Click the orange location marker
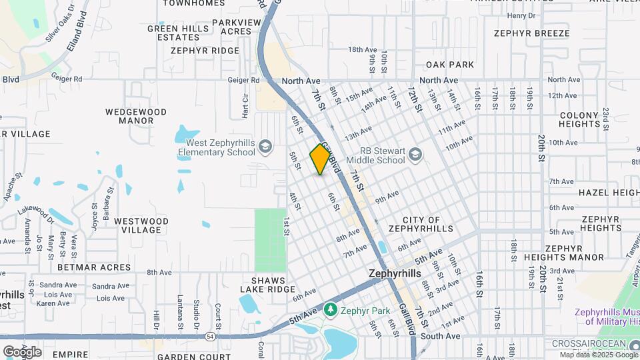[321, 159]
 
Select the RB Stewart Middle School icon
[416, 155]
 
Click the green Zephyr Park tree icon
[330, 310]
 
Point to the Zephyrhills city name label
[395, 274]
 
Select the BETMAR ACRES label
[95, 267]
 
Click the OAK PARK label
[450, 65]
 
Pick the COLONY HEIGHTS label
[579, 119]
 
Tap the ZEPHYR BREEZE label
[531, 33]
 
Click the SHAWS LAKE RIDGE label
[269, 285]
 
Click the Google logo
[22, 351]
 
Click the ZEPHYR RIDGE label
[205, 50]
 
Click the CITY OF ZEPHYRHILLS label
[421, 225]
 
